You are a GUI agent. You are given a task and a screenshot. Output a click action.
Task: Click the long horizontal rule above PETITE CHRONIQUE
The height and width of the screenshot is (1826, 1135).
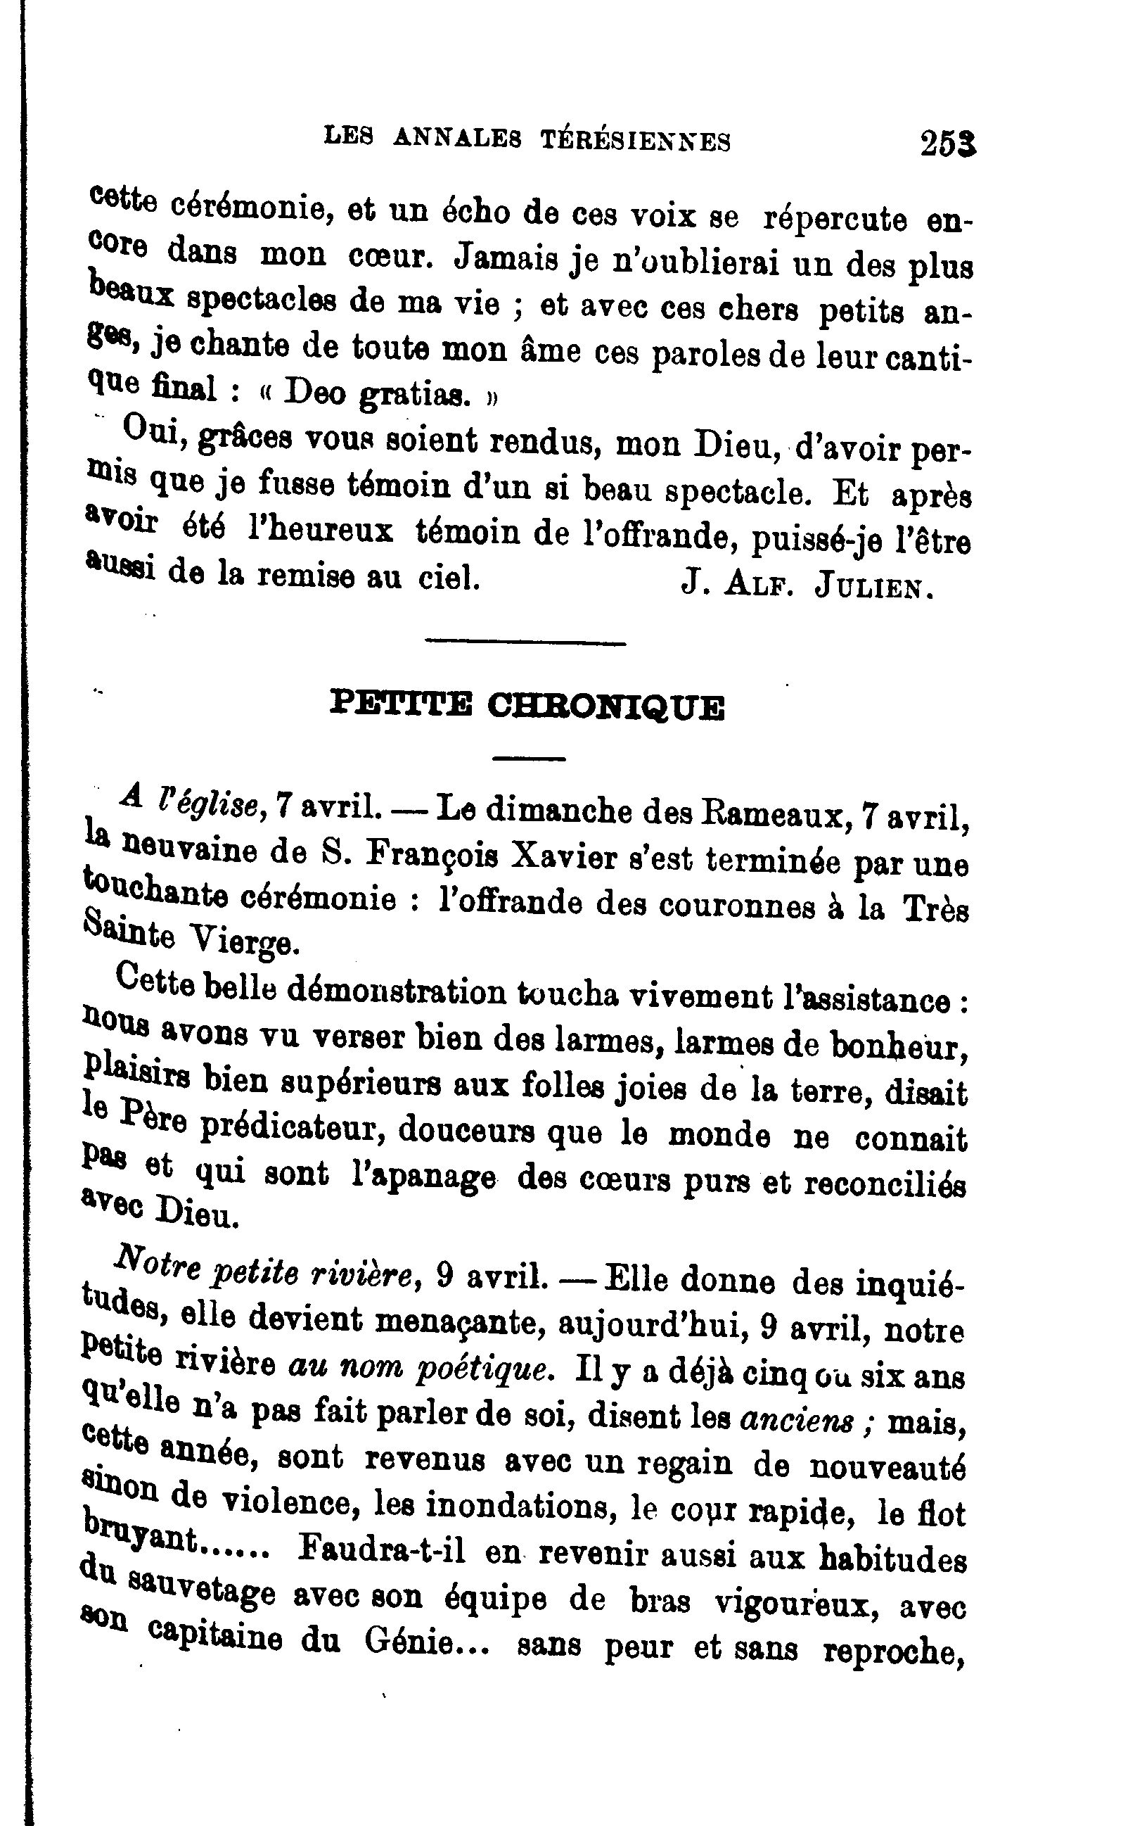525,643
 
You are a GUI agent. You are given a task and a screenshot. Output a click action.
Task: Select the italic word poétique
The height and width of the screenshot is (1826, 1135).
485,1369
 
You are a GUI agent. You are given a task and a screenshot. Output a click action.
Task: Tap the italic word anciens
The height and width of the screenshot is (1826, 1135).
797,1419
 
